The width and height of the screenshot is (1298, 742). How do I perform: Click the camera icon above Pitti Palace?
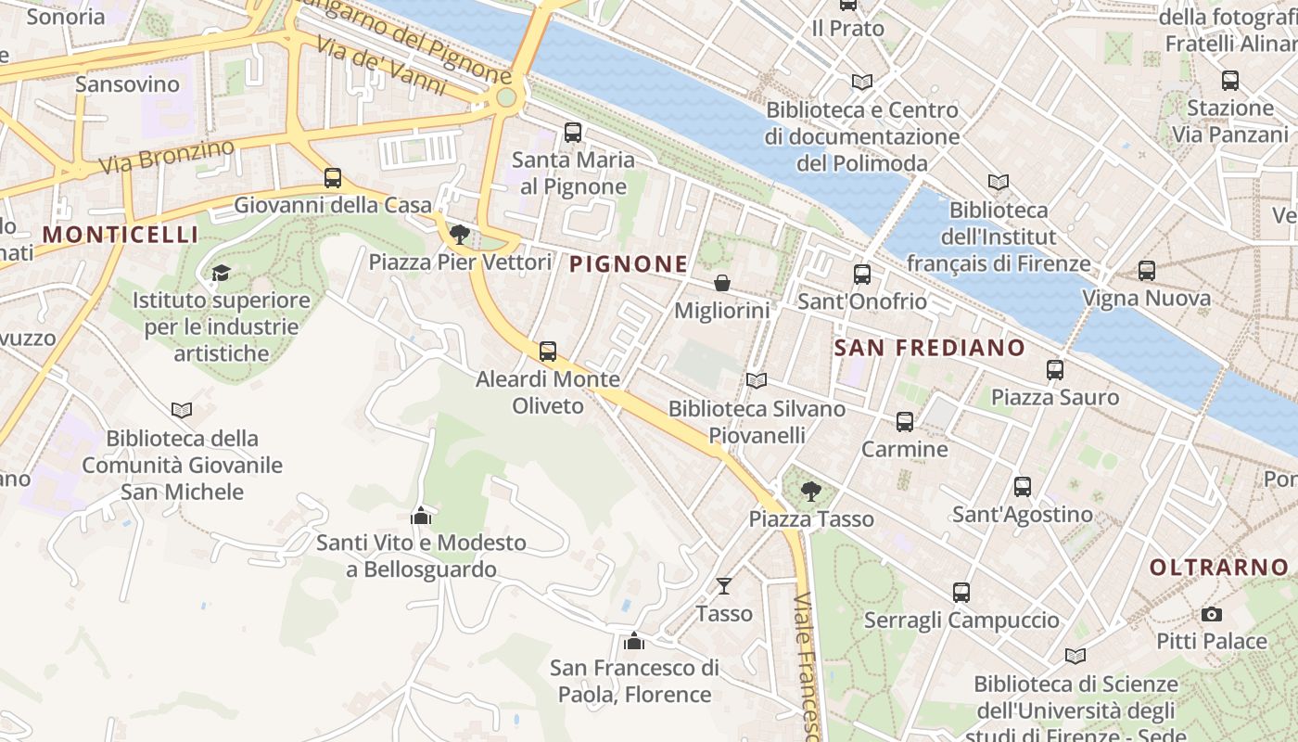point(1211,614)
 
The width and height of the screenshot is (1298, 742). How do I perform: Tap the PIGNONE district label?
point(629,264)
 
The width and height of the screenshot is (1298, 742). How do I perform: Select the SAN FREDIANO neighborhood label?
point(930,348)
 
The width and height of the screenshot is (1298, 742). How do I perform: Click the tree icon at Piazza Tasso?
point(811,492)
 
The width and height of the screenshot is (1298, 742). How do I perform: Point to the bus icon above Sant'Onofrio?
point(862,274)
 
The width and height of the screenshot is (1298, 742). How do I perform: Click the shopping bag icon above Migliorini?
point(721,283)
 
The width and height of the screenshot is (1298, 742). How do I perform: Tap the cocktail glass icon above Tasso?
point(724,585)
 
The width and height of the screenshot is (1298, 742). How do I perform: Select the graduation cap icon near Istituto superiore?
point(221,273)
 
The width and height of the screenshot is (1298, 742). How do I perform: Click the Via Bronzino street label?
point(167,157)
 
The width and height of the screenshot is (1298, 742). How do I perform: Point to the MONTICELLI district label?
point(121,235)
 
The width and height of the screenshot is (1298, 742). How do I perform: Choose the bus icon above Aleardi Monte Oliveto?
point(548,352)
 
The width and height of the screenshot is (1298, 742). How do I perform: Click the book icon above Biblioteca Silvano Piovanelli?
point(757,380)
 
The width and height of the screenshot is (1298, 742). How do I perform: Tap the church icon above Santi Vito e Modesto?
point(421,515)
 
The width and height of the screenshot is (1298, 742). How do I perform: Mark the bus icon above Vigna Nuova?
point(1147,271)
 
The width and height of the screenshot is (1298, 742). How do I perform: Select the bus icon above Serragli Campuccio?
point(961,592)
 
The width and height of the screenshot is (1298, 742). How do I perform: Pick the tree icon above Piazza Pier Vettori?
point(459,234)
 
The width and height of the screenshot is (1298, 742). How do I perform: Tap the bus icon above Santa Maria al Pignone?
point(573,132)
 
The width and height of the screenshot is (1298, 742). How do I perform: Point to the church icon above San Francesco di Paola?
point(634,640)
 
